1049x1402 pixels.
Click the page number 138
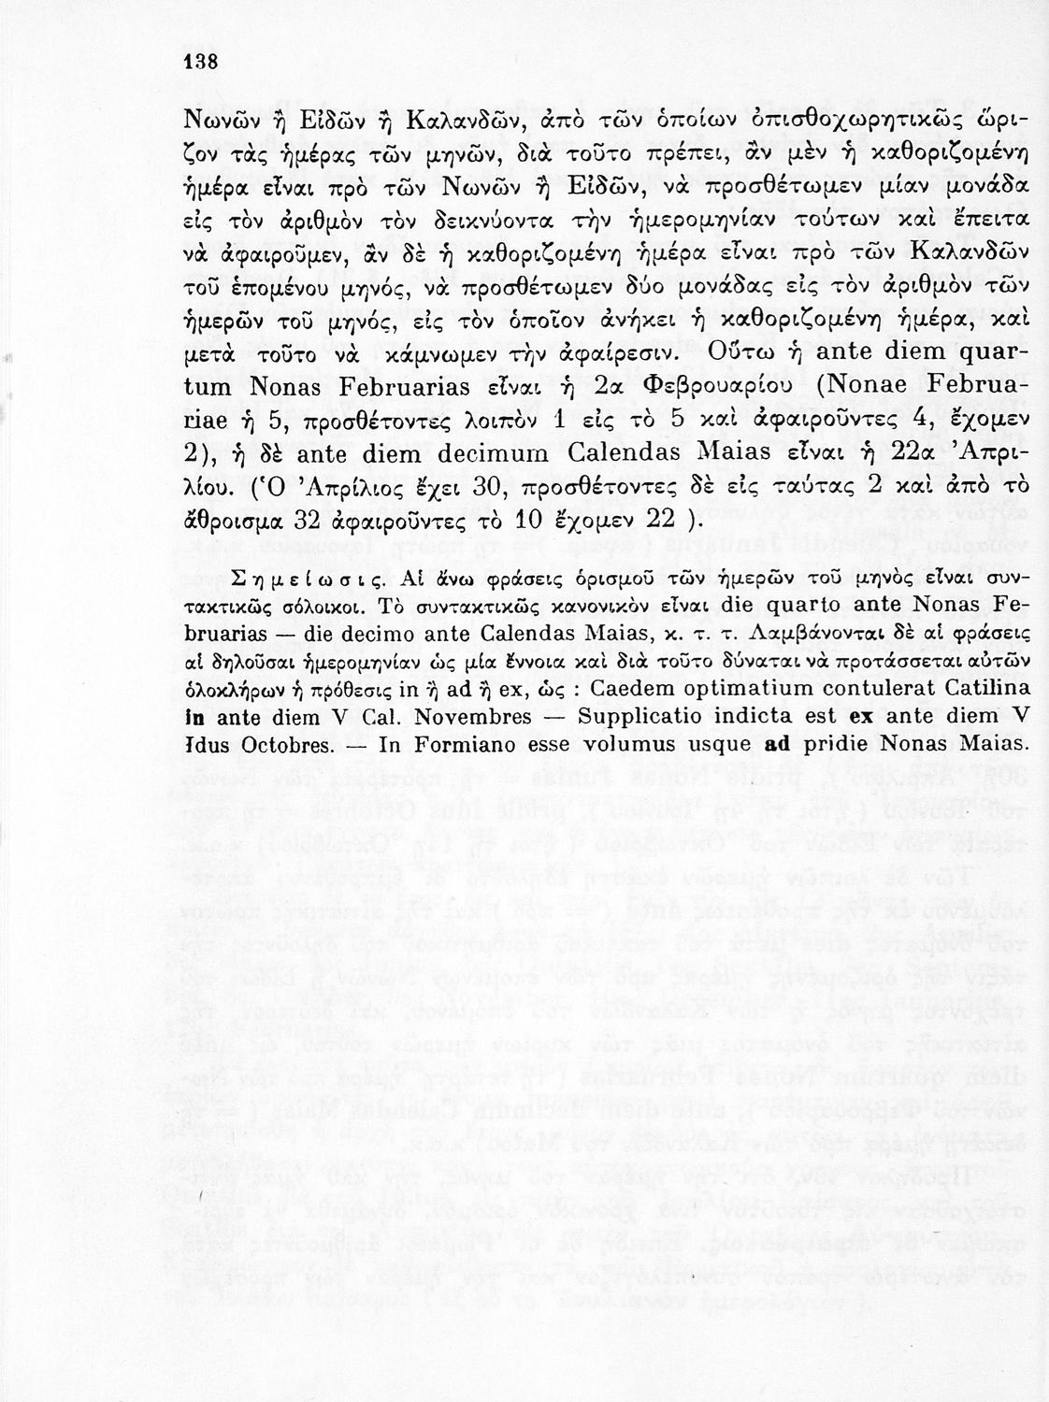tap(198, 62)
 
